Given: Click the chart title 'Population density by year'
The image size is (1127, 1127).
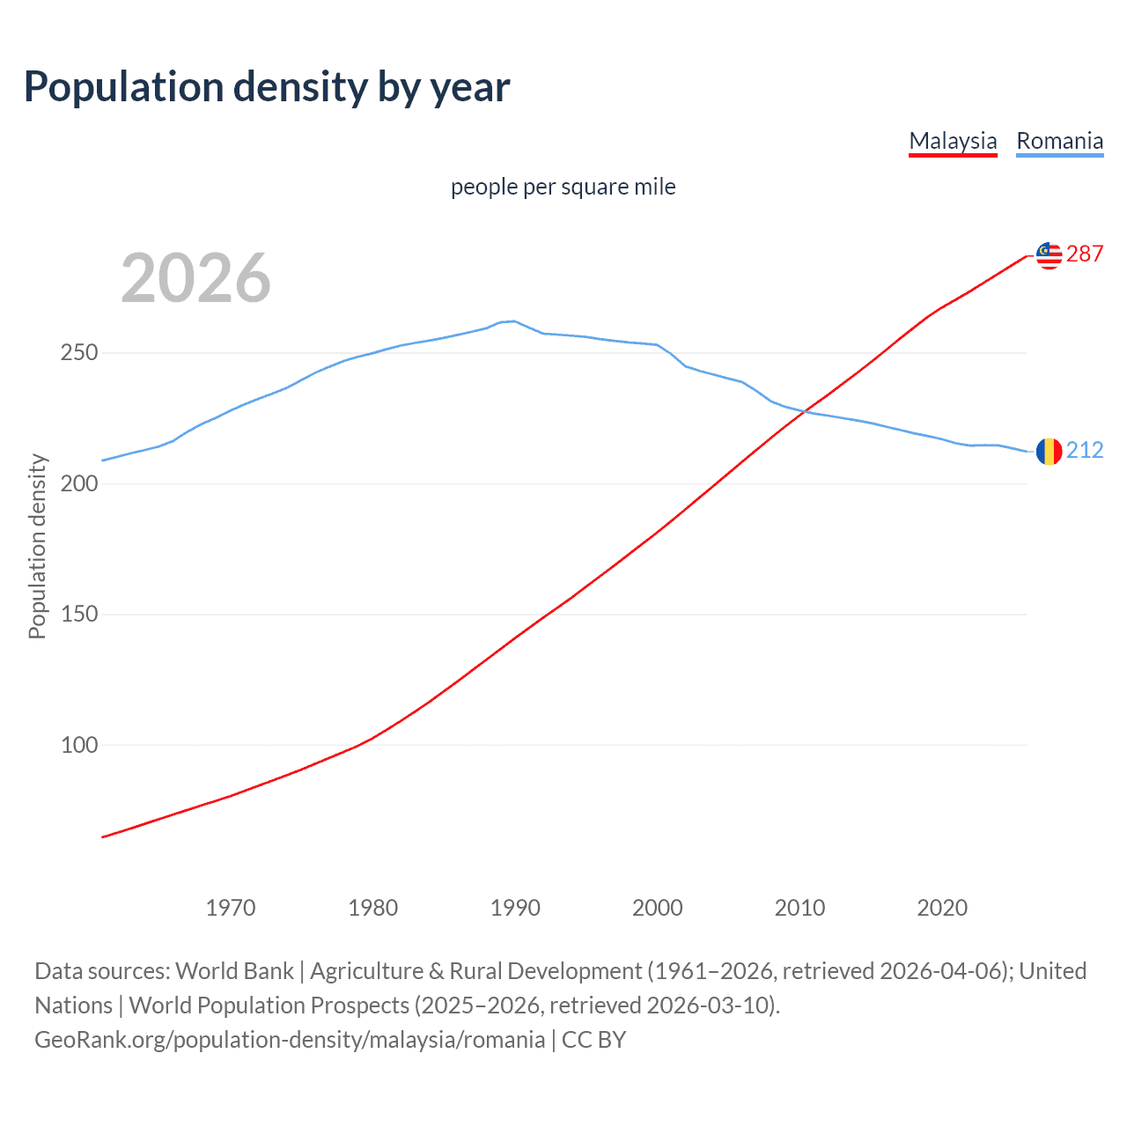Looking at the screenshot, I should [267, 87].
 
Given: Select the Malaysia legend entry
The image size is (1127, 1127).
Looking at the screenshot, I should [953, 141].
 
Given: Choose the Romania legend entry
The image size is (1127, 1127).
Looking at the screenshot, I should [1059, 141].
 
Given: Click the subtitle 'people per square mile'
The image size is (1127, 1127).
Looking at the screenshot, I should [563, 187].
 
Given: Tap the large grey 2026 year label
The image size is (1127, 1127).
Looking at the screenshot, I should [195, 278].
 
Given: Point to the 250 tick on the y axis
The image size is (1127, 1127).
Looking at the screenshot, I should [79, 353].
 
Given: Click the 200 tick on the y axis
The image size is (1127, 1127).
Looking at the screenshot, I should [79, 483].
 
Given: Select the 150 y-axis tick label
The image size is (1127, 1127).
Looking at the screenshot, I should [79, 615].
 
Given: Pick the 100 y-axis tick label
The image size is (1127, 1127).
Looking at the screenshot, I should [79, 745].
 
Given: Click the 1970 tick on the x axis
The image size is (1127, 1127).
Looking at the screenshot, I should [231, 907].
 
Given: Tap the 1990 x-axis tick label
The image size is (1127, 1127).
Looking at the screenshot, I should [515, 907].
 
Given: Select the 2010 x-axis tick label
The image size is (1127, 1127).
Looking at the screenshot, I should [799, 907].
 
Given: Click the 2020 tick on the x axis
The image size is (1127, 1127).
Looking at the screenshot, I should [942, 907].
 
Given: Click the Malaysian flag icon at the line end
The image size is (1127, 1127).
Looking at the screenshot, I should [1049, 255].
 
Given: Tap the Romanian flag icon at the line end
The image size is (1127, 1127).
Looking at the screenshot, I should [1049, 452].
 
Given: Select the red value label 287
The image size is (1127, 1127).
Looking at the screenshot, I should [1085, 254].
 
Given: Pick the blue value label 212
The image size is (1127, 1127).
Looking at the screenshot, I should [1085, 451].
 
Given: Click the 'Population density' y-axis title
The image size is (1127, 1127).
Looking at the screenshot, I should [37, 546].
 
